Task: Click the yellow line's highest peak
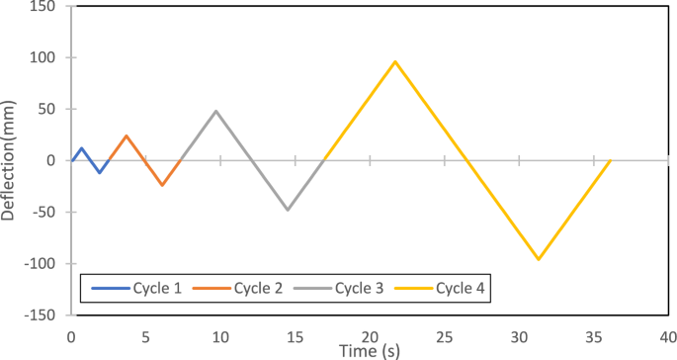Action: point(395,61)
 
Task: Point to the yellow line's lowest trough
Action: point(539,259)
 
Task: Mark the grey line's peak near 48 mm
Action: point(215,111)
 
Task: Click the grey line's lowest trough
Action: point(288,210)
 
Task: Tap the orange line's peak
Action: point(127,135)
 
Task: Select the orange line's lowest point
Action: point(162,185)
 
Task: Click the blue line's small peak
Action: point(81,148)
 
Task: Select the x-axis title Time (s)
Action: point(369,350)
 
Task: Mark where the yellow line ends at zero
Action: point(610,160)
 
